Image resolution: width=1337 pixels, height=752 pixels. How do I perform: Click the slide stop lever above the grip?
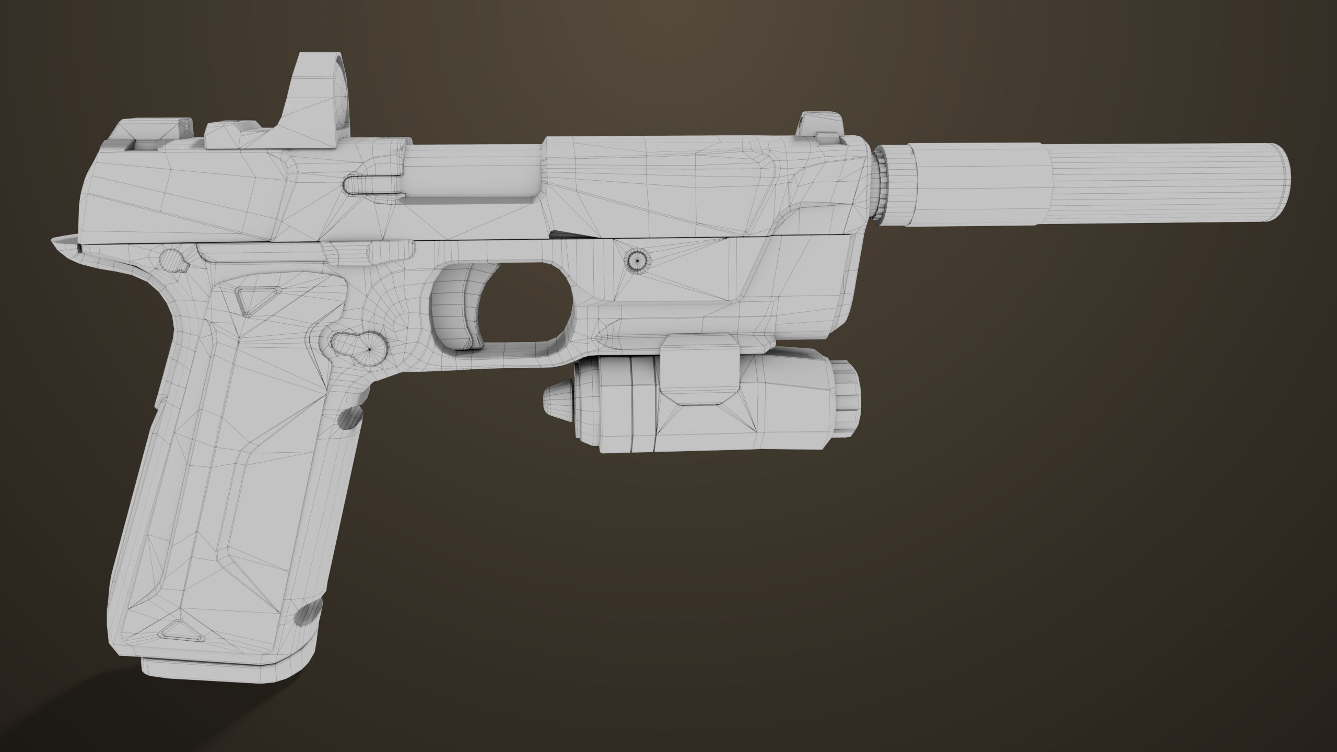[366, 251]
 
